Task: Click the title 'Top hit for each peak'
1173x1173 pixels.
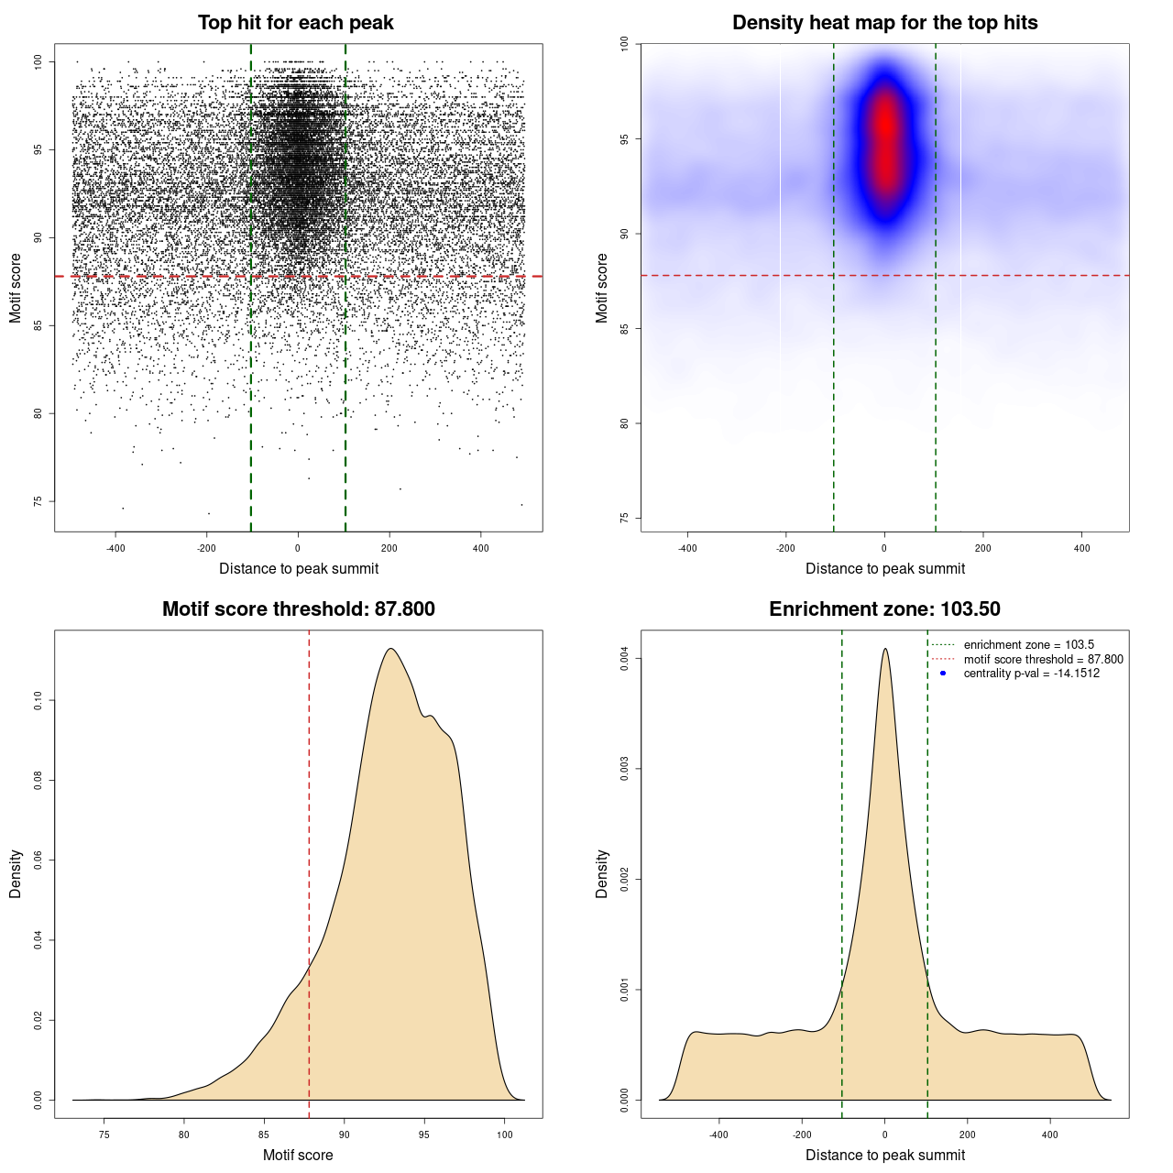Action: (x=295, y=23)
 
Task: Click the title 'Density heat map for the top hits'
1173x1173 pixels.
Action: (x=884, y=23)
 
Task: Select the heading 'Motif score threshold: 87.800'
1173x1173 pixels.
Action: (x=298, y=609)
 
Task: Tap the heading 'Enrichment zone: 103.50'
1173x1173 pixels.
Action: (x=884, y=609)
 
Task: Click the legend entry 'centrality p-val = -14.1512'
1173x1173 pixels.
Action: (x=1031, y=674)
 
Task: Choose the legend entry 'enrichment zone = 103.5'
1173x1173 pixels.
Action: (x=1028, y=645)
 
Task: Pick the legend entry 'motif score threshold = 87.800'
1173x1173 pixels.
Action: (x=1043, y=659)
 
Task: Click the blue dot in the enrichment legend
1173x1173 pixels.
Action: (x=943, y=674)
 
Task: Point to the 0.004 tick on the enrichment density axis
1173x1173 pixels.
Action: (x=625, y=659)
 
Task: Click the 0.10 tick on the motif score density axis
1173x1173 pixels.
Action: (x=38, y=701)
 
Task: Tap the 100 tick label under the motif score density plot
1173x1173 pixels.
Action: (x=505, y=1135)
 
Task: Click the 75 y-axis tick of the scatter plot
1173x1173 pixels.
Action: (x=38, y=501)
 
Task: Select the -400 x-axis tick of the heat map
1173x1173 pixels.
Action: (x=687, y=549)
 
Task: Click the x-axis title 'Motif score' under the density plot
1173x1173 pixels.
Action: (x=298, y=1155)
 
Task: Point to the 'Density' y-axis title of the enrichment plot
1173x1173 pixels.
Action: (x=602, y=873)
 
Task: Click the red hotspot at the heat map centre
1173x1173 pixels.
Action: (x=885, y=137)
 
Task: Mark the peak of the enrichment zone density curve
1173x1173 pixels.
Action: (x=885, y=649)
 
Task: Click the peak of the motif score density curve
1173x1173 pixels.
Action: (x=391, y=649)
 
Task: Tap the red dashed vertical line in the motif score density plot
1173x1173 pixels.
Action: (x=309, y=871)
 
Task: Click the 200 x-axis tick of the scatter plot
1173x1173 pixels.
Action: (x=389, y=549)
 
